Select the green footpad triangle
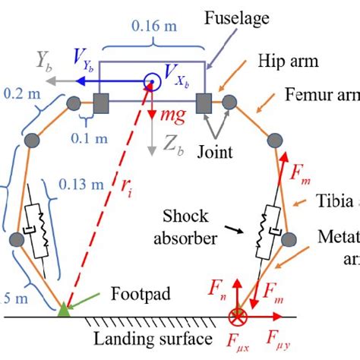65,309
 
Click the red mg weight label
173,117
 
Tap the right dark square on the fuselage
204,102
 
